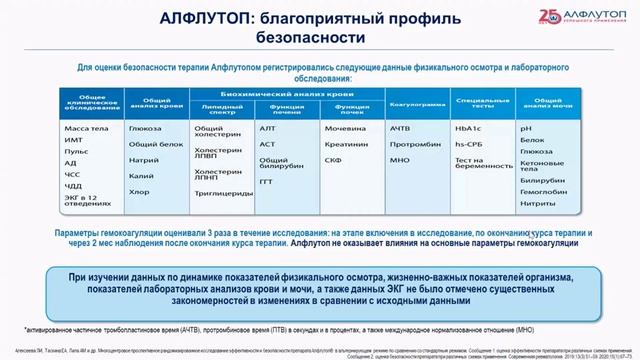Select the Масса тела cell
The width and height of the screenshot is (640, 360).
[x=96, y=129]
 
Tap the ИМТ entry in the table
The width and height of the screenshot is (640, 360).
[x=87, y=143]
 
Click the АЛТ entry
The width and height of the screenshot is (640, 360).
[x=268, y=129]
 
